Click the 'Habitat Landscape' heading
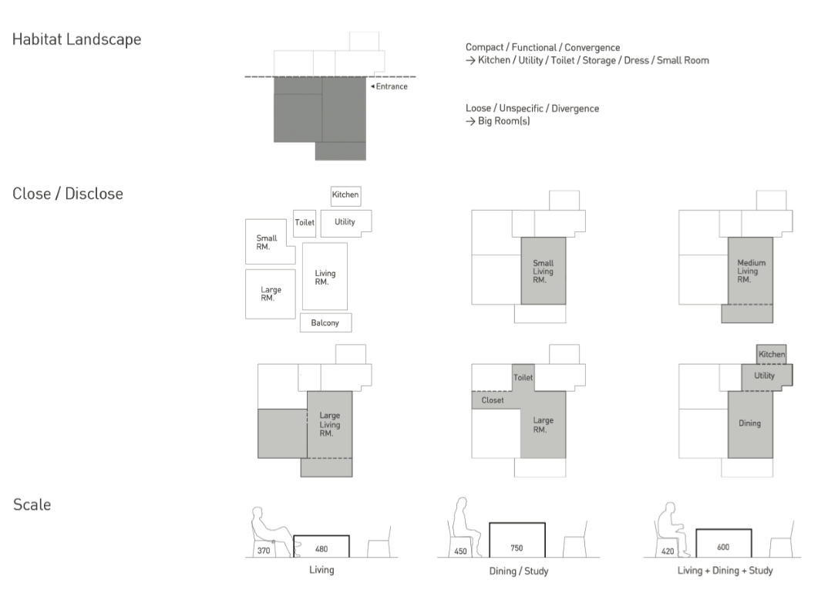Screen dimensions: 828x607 pos(76,40)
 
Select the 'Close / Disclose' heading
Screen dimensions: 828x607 pos(67,194)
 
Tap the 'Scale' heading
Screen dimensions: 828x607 pos(32,506)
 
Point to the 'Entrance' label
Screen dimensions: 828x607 pos(391,86)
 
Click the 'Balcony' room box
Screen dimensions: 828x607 pos(325,322)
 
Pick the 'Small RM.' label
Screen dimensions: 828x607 pos(267,243)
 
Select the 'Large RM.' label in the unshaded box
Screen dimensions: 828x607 pos(271,294)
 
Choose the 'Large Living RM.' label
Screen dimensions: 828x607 pos(329,424)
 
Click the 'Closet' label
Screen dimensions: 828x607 pos(493,401)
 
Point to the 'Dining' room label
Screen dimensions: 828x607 pos(749,423)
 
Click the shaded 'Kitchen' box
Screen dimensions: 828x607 pos(771,354)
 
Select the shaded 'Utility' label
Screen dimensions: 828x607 pos(765,376)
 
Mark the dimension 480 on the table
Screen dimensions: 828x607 pos(321,549)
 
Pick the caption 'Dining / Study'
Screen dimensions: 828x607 pos(517,572)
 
